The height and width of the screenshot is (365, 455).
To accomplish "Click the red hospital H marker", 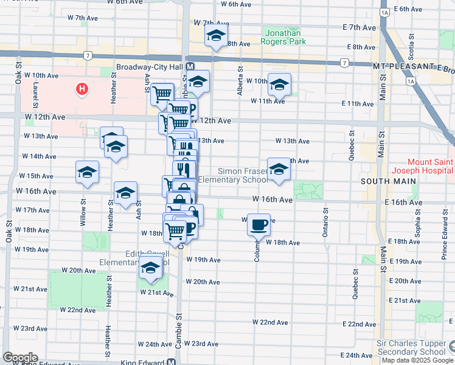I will coord(82,90).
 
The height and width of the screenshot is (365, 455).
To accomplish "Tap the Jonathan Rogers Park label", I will coord(284,36).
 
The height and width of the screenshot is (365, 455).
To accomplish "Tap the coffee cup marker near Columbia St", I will coord(259,224).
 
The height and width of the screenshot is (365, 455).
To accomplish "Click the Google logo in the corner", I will coord(20,358).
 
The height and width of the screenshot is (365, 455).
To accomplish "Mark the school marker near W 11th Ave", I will coord(279,84).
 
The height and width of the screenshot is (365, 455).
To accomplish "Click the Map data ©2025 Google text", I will coord(418,360).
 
